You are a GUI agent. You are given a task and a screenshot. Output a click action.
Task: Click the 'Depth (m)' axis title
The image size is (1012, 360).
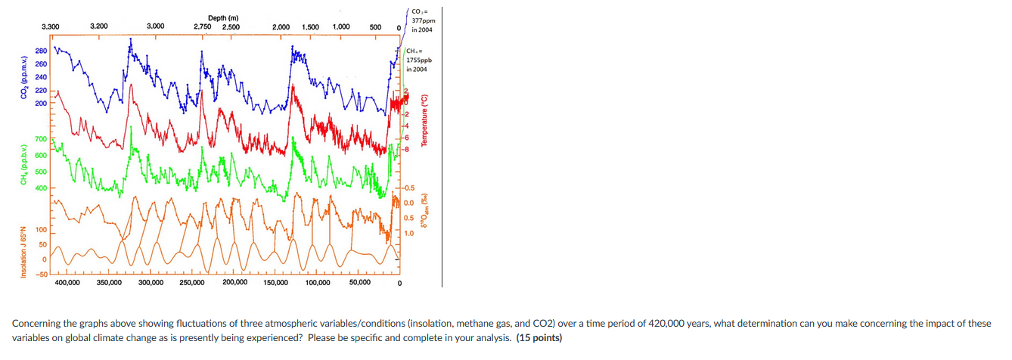tap(223, 17)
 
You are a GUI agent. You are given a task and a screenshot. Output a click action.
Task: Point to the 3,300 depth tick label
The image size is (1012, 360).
tap(51, 26)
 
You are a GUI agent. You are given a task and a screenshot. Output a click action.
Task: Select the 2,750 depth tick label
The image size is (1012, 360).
tap(203, 27)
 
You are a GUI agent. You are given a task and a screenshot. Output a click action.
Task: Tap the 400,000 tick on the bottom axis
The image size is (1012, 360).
tap(67, 282)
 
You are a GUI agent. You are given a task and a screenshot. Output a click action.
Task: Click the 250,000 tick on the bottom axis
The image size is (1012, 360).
tap(191, 282)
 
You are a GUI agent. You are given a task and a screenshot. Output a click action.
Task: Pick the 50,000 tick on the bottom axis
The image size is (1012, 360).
tap(359, 282)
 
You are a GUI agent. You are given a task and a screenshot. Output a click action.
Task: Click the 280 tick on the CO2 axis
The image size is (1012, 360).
tap(40, 51)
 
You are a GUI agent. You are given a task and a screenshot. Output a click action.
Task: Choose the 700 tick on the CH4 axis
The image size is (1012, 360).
tap(40, 140)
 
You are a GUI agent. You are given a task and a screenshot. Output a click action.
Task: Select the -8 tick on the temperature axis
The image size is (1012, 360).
tap(408, 149)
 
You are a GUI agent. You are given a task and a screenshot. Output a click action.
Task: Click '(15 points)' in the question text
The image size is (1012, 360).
tap(539, 337)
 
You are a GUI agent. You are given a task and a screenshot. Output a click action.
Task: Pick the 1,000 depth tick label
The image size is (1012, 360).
tap(340, 26)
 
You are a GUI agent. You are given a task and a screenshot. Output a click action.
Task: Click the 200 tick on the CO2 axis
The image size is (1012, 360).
tap(40, 102)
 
